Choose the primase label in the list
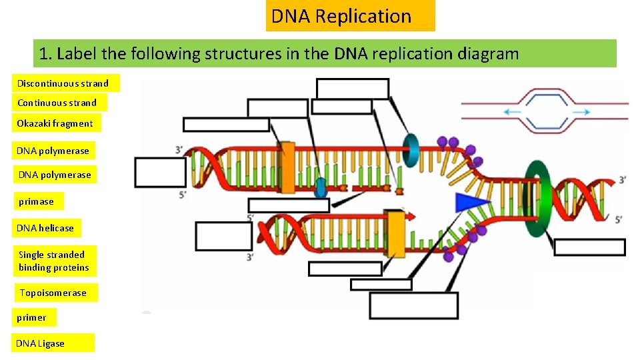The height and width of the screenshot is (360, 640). coord(36,201)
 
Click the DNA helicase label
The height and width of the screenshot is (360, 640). coord(45,228)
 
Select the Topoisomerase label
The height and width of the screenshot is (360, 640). coord(53,293)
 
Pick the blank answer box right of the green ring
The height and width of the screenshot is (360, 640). coord(589,247)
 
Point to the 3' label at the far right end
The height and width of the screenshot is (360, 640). coord(621,180)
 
